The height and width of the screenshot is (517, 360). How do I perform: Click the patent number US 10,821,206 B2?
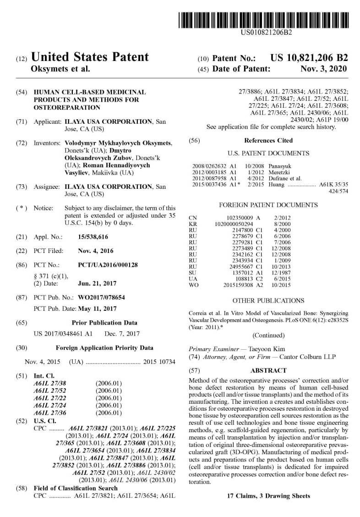[309, 58]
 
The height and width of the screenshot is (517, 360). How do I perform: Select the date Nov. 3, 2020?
[323, 69]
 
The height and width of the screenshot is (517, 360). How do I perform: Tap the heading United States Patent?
[89, 57]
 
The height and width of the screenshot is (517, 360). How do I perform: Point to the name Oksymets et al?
[60, 69]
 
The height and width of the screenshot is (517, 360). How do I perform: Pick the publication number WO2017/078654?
[101, 297]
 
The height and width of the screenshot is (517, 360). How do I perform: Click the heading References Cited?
[268, 140]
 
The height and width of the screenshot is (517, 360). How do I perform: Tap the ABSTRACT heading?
[268, 370]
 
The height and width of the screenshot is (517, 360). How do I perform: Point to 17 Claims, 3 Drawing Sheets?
[268, 496]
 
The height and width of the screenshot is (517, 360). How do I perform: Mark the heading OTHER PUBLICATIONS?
[268, 301]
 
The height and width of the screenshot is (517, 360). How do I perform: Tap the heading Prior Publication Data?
[104, 323]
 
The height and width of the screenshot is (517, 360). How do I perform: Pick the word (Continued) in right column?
[268, 335]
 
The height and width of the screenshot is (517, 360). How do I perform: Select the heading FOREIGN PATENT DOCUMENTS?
[268, 205]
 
